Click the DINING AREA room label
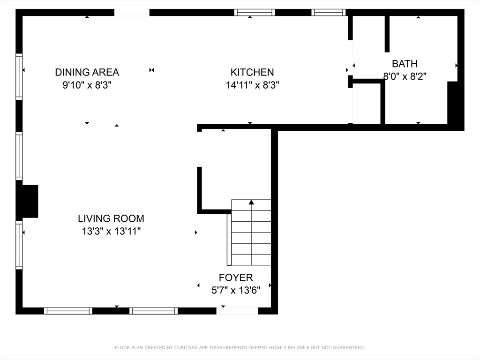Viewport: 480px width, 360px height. (87, 72)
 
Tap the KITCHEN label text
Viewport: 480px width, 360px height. (252, 72)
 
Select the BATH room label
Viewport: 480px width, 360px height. (405, 64)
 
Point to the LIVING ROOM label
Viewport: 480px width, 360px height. (111, 218)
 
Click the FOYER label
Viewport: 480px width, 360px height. (236, 277)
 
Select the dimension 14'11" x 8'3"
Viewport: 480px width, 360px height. (253, 85)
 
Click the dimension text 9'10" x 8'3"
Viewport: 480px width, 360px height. (87, 85)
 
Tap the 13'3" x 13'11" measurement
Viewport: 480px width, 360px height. (111, 231)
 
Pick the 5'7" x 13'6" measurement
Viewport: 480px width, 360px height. (236, 290)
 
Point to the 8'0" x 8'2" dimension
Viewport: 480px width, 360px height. (405, 76)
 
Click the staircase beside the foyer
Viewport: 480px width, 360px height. (251, 232)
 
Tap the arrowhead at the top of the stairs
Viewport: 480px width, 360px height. (251, 202)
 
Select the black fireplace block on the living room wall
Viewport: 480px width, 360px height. (30, 201)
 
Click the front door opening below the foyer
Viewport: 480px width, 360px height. (237, 311)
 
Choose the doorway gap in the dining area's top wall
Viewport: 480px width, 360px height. (132, 13)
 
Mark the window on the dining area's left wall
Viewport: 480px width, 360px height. (19, 76)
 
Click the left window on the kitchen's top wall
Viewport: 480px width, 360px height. (255, 12)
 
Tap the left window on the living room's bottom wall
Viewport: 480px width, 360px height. (68, 311)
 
